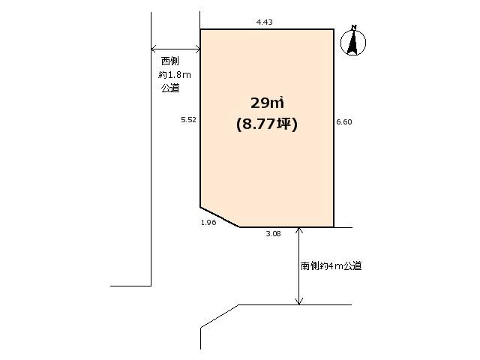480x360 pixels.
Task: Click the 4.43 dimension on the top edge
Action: click(264, 22)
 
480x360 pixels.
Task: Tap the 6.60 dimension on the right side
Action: click(344, 121)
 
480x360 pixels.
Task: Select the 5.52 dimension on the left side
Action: click(188, 119)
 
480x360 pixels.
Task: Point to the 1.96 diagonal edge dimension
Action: click(208, 222)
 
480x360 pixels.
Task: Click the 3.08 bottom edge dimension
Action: click(273, 234)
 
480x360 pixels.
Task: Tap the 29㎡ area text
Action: click(267, 103)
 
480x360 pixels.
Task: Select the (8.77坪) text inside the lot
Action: click(267, 125)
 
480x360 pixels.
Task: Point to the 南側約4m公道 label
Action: click(331, 265)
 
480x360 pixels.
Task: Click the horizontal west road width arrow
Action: click(175, 49)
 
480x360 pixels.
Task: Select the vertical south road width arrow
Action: click(299, 265)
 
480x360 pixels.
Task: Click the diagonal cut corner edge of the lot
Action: click(220, 216)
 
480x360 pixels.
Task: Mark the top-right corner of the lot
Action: click(333, 29)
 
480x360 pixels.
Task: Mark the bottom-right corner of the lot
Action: click(333, 226)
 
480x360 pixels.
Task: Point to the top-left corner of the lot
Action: click(200, 29)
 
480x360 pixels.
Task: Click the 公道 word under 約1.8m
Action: click(170, 88)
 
